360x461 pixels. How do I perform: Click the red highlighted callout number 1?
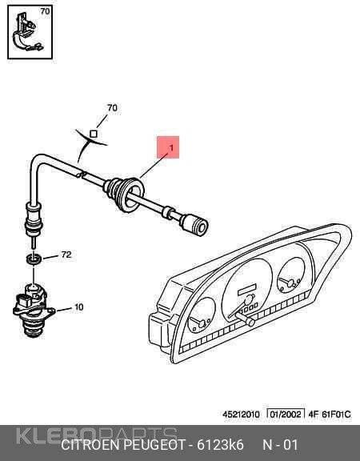coord(172,147)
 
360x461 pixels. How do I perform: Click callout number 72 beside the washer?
coord(66,255)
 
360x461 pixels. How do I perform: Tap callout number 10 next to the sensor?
coord(78,307)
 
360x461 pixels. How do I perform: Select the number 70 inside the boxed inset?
coord(45,11)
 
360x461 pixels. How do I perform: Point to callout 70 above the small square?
coord(112,108)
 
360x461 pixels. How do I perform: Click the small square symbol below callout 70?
coord(94,134)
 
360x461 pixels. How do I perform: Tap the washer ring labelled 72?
coord(34,259)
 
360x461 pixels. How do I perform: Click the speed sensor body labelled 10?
coord(33,311)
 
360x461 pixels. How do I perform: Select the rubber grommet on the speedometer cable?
coord(123,194)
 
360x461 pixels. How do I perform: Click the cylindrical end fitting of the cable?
coord(194,225)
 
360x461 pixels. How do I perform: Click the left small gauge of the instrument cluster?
coord(202,315)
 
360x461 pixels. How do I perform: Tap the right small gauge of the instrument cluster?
coord(291,275)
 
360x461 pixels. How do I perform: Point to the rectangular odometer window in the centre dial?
coord(247,290)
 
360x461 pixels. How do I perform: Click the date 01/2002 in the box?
coord(286,415)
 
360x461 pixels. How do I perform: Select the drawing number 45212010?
coord(241,415)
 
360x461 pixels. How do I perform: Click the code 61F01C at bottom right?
coord(337,415)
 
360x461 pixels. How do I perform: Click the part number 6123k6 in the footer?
coord(220,445)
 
